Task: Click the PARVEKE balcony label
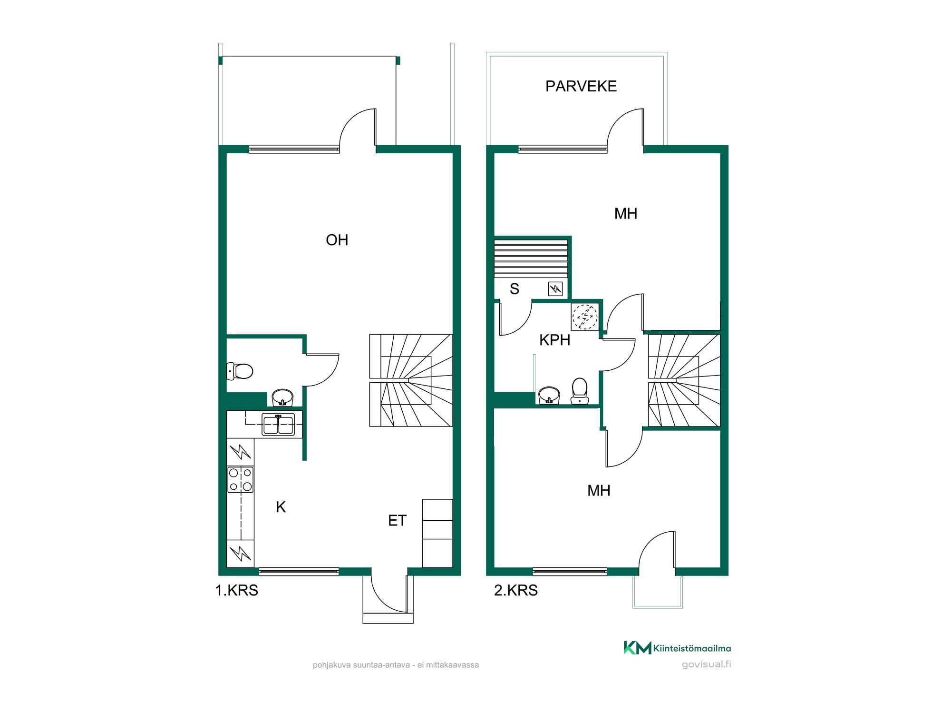(x=581, y=86)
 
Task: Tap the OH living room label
(x=337, y=240)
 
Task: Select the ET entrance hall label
(x=398, y=521)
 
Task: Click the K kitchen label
(x=281, y=507)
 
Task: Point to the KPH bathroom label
(x=555, y=340)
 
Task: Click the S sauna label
(x=514, y=289)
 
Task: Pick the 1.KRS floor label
(x=237, y=590)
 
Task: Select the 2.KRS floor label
(x=516, y=590)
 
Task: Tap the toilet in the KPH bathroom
(x=580, y=391)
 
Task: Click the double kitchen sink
(x=278, y=425)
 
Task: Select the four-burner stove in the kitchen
(x=241, y=480)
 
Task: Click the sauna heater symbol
(x=555, y=288)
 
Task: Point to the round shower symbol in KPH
(x=585, y=316)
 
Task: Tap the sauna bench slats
(x=531, y=259)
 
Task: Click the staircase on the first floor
(x=411, y=380)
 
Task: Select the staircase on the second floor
(x=684, y=380)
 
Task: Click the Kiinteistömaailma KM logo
(x=677, y=648)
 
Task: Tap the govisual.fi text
(x=706, y=664)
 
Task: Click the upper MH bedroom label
(x=626, y=214)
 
